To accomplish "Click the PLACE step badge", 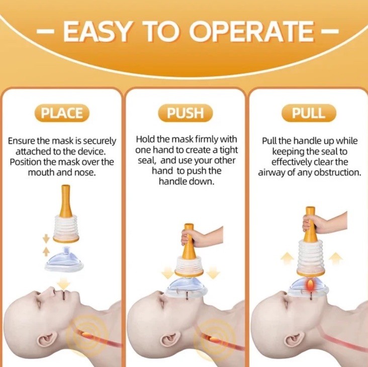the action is coord(62,113).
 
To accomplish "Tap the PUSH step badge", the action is coord(185,113).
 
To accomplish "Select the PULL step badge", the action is coord(309,113).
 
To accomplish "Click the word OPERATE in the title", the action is coord(251,32).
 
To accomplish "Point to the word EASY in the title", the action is coord(97,32).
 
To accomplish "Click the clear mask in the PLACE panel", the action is coord(64,259).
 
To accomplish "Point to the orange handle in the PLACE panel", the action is coord(66,201).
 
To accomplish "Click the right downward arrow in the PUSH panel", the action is coord(213,272).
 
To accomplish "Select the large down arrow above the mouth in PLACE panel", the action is coord(64,283).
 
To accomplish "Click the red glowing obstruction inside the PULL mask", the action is coord(311,285).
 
